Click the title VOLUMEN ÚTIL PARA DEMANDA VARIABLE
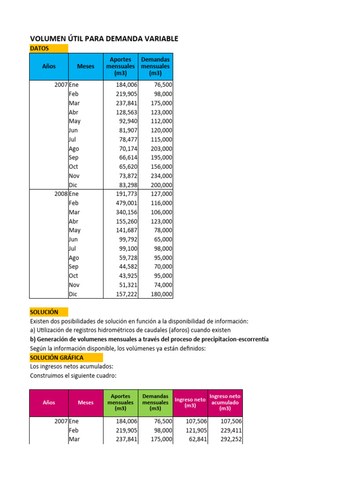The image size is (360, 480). (x=104, y=38)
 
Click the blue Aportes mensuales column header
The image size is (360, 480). (x=120, y=66)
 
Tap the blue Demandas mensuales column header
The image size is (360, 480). (x=156, y=66)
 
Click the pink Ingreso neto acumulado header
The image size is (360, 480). (x=225, y=402)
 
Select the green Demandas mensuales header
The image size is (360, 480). (x=156, y=402)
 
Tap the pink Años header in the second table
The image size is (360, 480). (x=49, y=402)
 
